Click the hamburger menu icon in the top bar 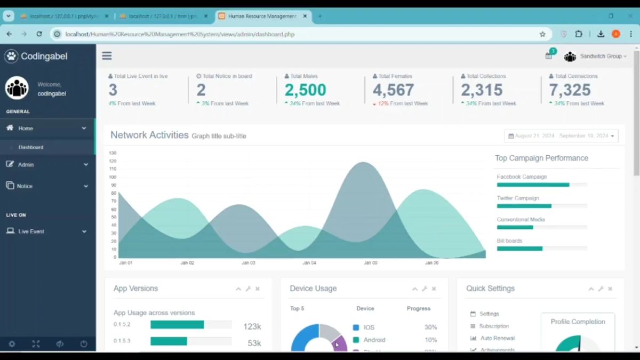pos(107,56)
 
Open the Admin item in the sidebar pos(26,165)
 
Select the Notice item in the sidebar pos(25,186)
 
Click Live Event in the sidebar pos(31,231)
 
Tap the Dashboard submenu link pos(31,147)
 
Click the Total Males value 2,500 pos(305,90)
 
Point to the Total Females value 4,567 pos(393,90)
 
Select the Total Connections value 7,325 pos(570,90)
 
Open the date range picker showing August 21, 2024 pos(561,136)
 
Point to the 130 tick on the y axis pos(113,153)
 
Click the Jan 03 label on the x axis pos(249,263)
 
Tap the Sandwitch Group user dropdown pos(602,56)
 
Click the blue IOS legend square pos(356,327)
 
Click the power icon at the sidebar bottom pos(84,344)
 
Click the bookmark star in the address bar pos(542,34)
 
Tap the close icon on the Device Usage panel pos(434,289)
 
